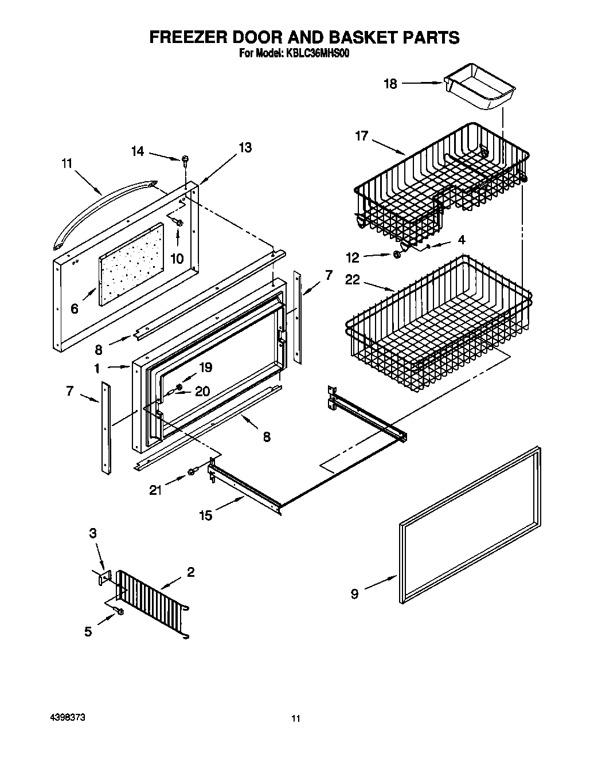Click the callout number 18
tap(390, 84)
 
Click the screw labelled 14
tap(185, 160)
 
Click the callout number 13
tap(244, 147)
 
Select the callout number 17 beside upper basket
tap(361, 136)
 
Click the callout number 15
tap(205, 515)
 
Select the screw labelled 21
tap(192, 472)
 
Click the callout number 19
tap(205, 368)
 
